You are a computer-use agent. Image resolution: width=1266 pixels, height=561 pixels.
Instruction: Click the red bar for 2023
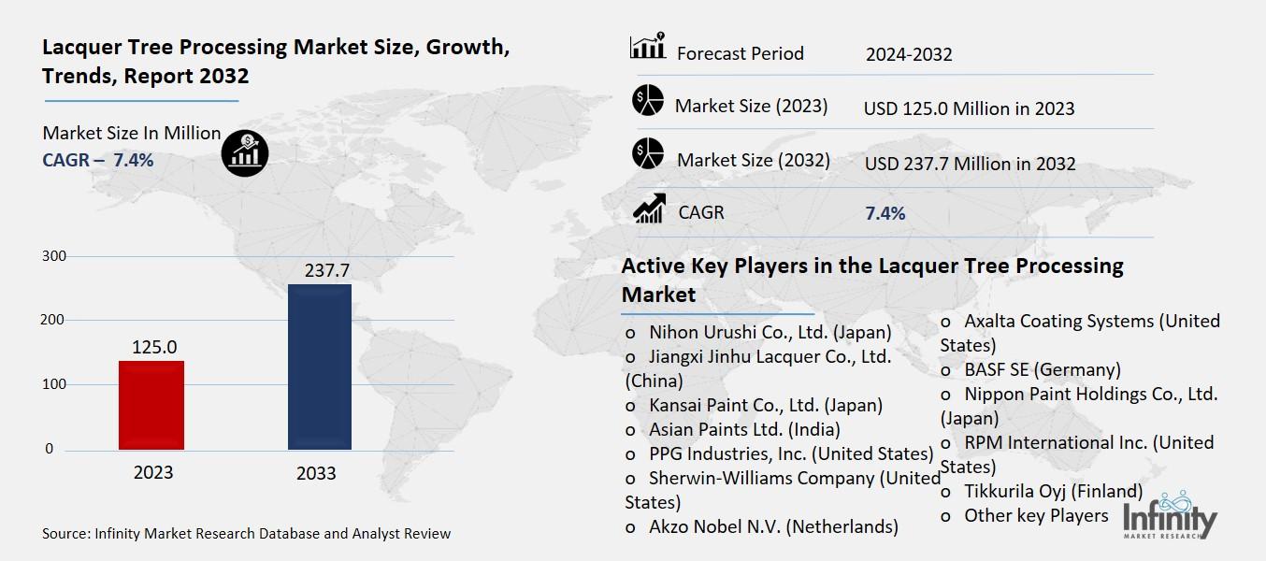coord(151,405)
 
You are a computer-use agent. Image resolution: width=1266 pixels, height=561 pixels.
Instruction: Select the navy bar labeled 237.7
coord(319,367)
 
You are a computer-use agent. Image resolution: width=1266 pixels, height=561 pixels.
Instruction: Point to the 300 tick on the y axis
coord(55,256)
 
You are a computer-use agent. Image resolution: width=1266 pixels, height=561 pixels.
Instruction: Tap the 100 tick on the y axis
coord(55,384)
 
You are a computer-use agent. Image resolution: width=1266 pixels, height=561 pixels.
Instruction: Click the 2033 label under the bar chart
coord(316,473)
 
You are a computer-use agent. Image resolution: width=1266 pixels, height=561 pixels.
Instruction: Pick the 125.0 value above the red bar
coord(153,347)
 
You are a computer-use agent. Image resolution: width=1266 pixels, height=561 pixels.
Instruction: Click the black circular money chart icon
coord(245,152)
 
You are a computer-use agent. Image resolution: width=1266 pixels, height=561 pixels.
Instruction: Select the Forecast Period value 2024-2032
coord(908,54)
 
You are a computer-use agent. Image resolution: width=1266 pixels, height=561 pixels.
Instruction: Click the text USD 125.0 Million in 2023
coord(969,108)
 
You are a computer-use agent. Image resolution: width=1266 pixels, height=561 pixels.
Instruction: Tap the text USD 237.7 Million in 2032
coord(970,164)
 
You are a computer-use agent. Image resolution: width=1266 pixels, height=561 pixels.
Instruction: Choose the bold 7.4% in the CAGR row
coord(885,213)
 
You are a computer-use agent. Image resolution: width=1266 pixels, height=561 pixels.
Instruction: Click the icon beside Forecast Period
coord(647,46)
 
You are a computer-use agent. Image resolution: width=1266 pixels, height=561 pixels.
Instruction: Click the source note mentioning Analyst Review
coord(246,534)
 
